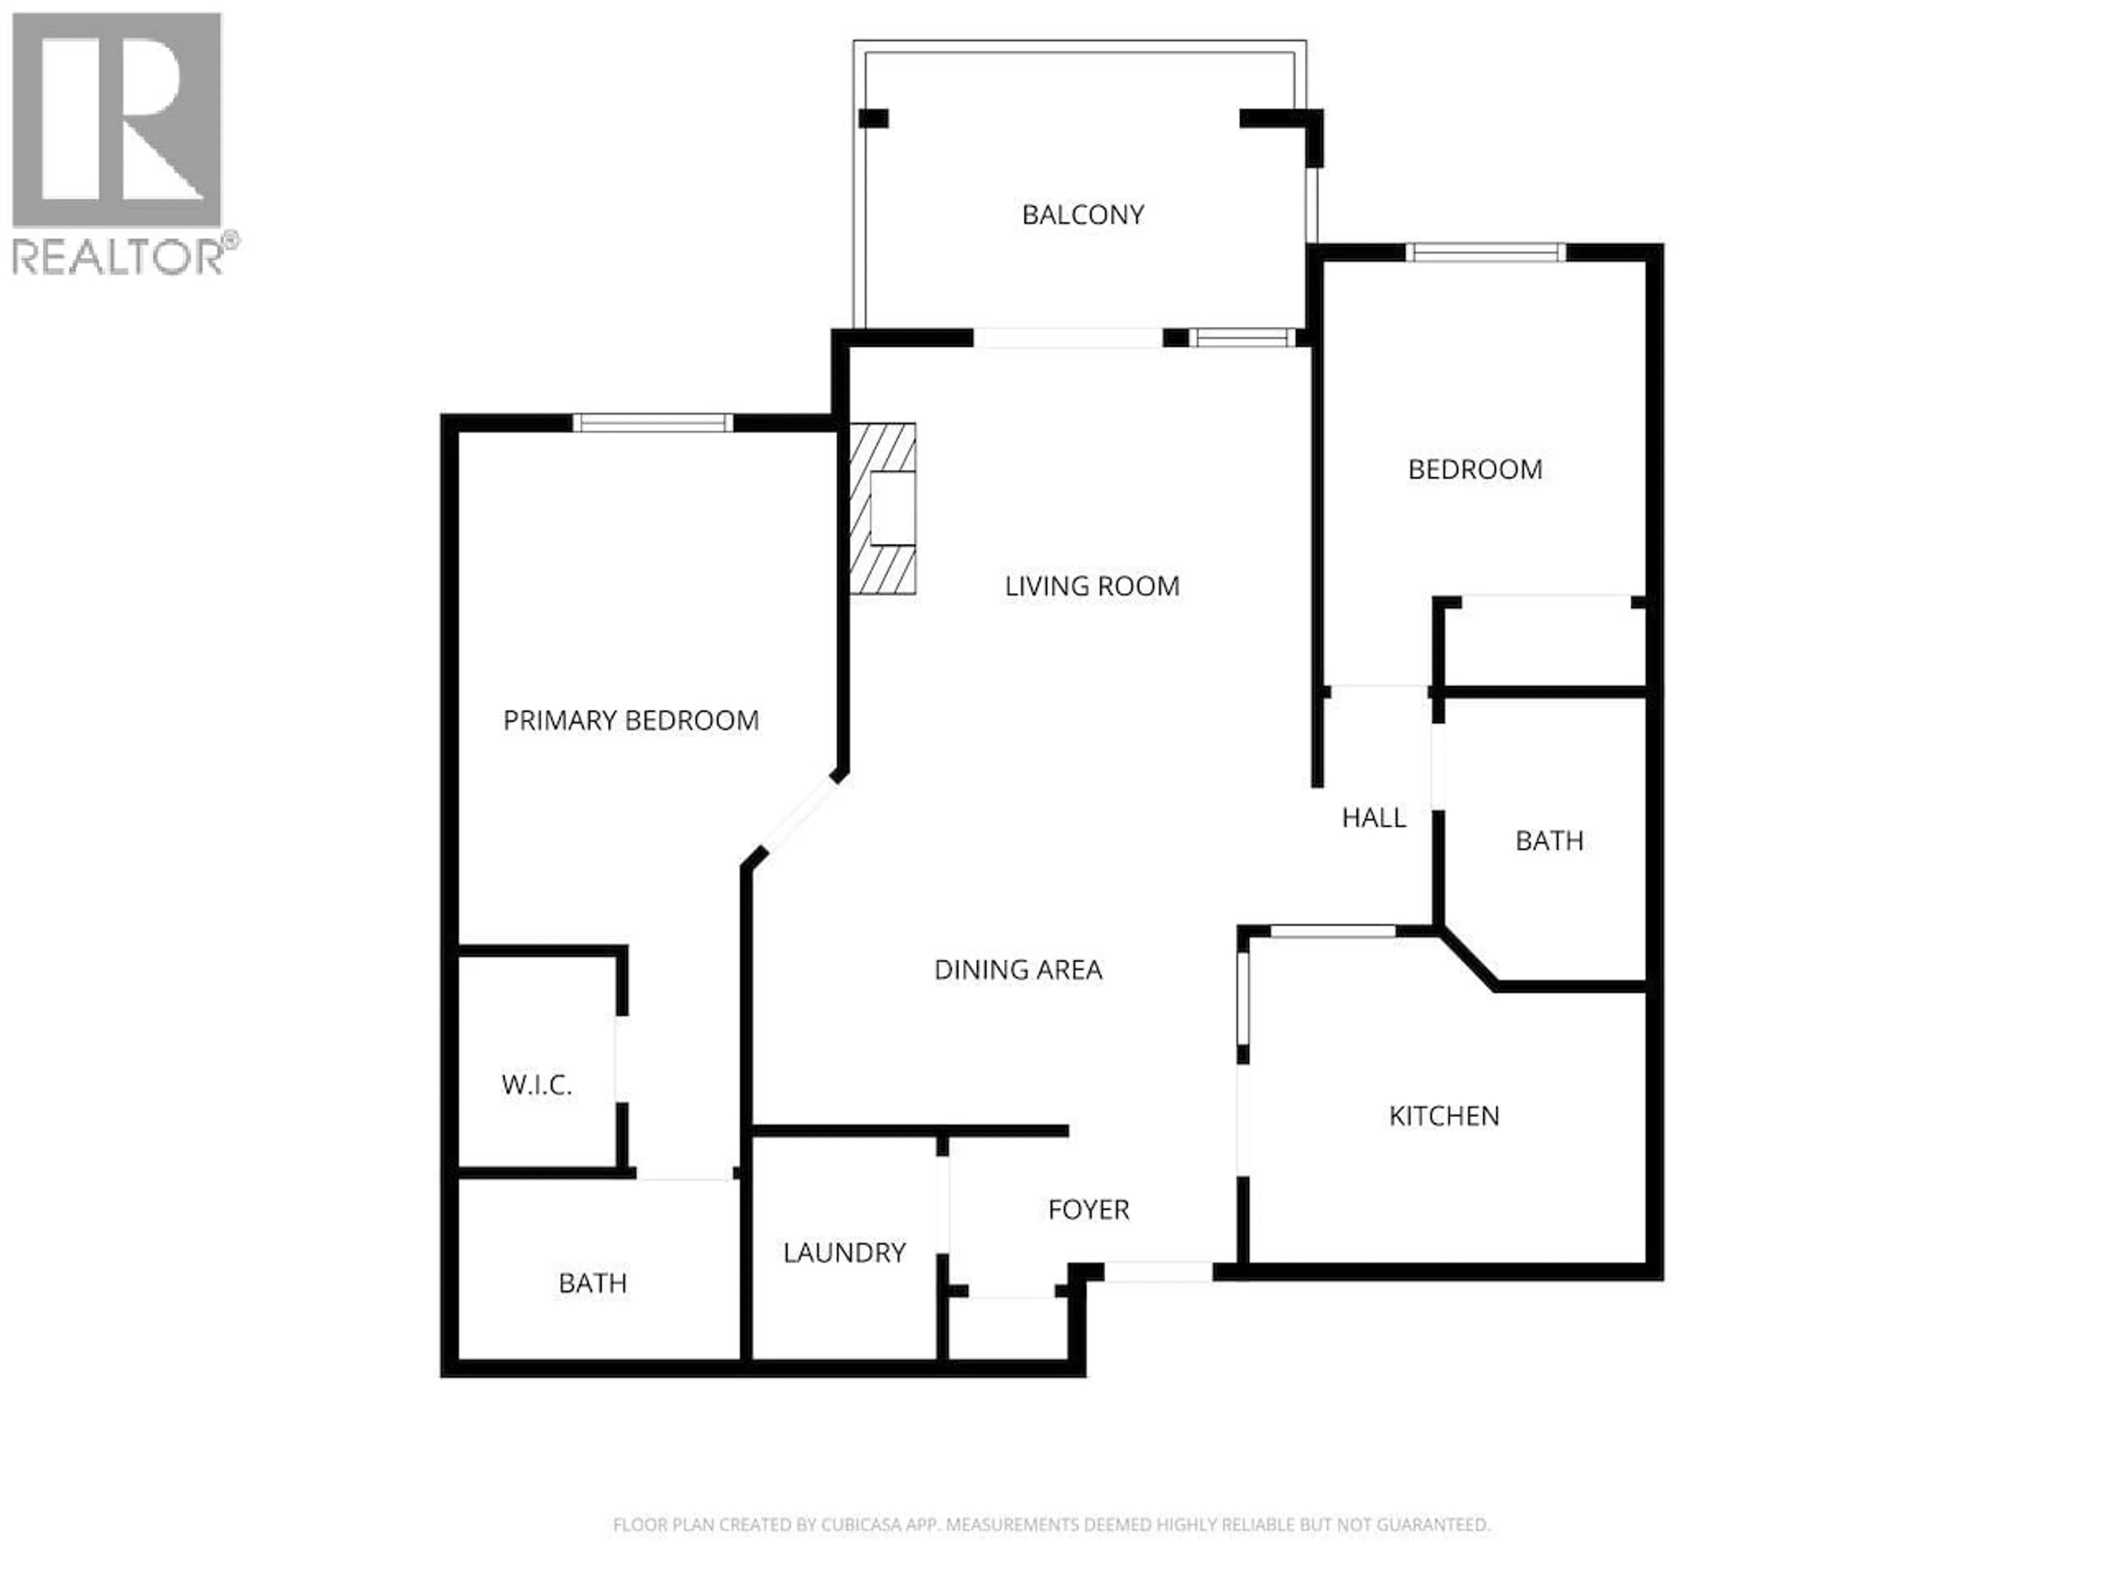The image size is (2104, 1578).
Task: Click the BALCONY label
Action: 1083,215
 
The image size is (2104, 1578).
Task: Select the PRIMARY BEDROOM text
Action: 631,721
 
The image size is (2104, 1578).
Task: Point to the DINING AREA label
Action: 1018,970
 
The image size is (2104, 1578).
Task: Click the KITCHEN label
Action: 1444,1116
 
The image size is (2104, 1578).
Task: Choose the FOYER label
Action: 1088,1210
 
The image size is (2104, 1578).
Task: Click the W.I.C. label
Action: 536,1085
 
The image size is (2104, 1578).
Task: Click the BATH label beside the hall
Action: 1548,841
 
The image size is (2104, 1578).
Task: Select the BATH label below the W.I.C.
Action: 593,1284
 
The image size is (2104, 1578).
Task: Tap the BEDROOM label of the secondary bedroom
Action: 1474,470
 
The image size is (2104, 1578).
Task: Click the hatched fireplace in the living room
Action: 883,509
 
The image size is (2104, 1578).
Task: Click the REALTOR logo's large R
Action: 117,120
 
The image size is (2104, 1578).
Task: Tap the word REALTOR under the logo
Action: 119,257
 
